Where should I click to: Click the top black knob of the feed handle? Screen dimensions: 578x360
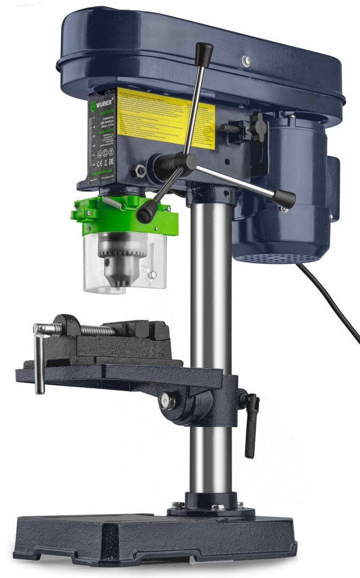click(x=204, y=52)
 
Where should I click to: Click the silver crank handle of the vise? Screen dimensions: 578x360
click(x=39, y=359)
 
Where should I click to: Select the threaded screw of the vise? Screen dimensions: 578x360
click(x=96, y=330)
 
